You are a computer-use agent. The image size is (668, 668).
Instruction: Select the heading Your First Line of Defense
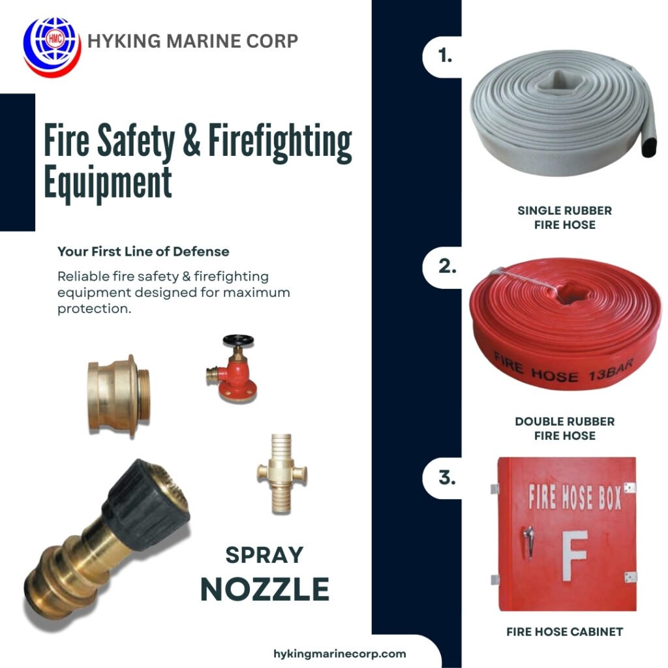click(143, 251)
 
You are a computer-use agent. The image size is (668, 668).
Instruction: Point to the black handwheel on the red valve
click(237, 341)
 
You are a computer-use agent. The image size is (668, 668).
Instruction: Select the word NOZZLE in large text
click(264, 589)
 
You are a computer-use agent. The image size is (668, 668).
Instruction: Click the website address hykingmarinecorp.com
click(339, 654)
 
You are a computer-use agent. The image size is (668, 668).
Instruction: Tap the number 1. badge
click(445, 56)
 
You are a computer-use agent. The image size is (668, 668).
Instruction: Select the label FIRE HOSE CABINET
click(564, 631)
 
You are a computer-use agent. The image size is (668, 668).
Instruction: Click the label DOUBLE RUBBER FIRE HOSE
click(564, 429)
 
